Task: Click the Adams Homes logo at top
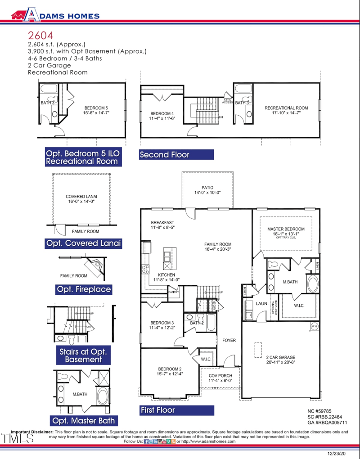pos(55,16)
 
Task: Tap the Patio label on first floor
pos(207,188)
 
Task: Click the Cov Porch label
pos(220,375)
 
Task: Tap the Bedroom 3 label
pos(162,323)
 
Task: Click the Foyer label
pos(229,341)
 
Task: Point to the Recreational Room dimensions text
pos(286,113)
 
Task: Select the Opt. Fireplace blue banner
pos(84,289)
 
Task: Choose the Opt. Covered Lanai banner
pos(84,243)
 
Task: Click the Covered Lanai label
pos(81,197)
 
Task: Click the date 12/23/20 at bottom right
pos(337,452)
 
